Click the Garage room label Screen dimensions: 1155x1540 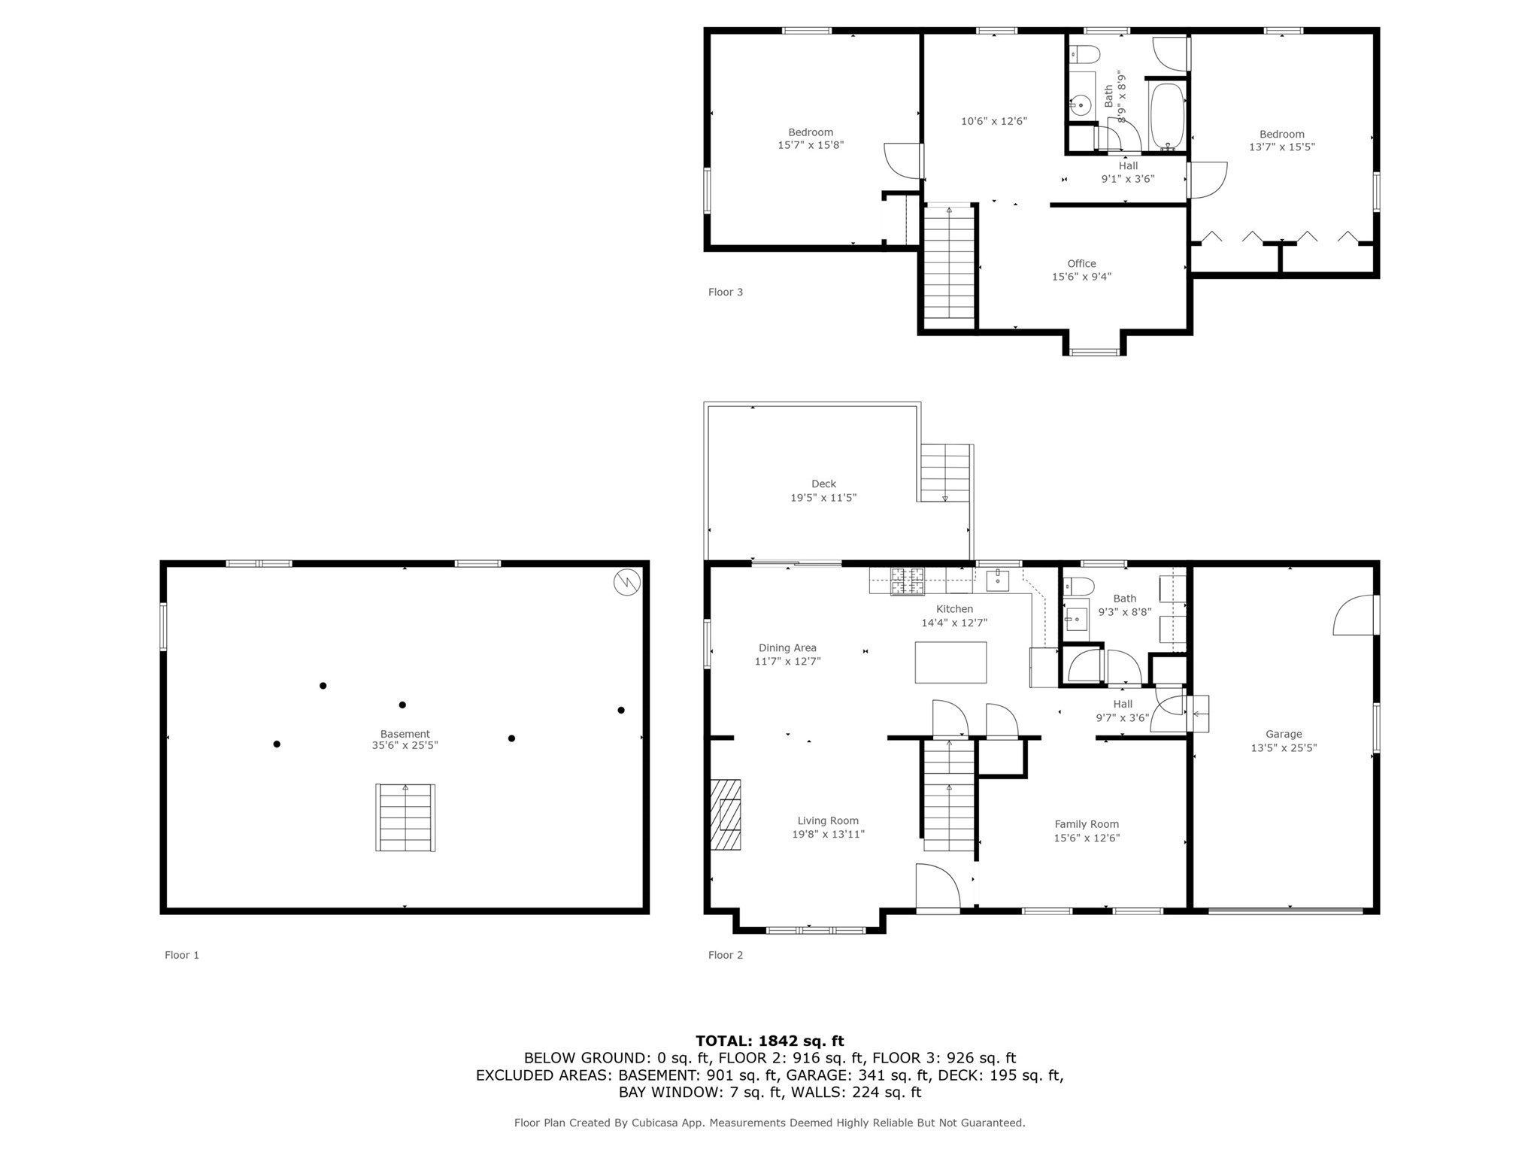point(1283,734)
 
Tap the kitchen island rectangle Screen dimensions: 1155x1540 point(950,662)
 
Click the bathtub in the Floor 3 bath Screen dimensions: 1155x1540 point(1166,117)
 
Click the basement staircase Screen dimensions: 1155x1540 point(405,817)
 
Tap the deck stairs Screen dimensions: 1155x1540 point(944,473)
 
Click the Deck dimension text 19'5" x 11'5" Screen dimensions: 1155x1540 point(823,498)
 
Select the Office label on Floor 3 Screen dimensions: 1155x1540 point(1081,263)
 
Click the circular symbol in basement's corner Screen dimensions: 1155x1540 point(626,583)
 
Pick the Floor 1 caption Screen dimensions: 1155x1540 point(182,955)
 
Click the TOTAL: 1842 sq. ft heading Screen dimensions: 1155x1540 point(769,1041)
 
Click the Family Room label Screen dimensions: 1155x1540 point(1086,824)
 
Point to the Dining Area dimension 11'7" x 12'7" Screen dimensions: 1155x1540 point(787,662)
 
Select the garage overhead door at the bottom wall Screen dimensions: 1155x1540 point(1285,911)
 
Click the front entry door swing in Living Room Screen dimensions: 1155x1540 point(937,888)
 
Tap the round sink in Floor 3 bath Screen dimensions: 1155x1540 point(1081,105)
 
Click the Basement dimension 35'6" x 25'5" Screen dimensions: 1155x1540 point(405,746)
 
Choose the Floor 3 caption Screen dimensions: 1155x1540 point(725,292)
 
